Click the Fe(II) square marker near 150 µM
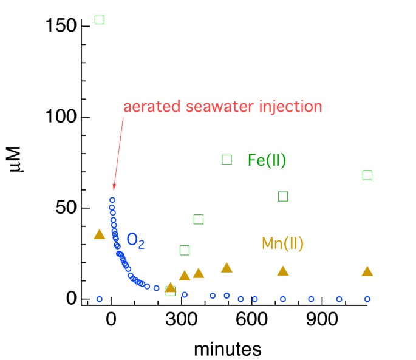tap(100, 19)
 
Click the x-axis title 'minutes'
tap(227, 349)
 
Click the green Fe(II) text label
tap(267, 160)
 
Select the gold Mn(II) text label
tap(282, 243)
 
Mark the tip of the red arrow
tap(114, 190)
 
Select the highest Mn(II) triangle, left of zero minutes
tap(100, 234)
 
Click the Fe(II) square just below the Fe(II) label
tap(227, 160)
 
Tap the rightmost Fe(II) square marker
tap(367, 175)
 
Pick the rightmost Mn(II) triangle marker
tap(367, 271)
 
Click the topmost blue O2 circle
tap(112, 200)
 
